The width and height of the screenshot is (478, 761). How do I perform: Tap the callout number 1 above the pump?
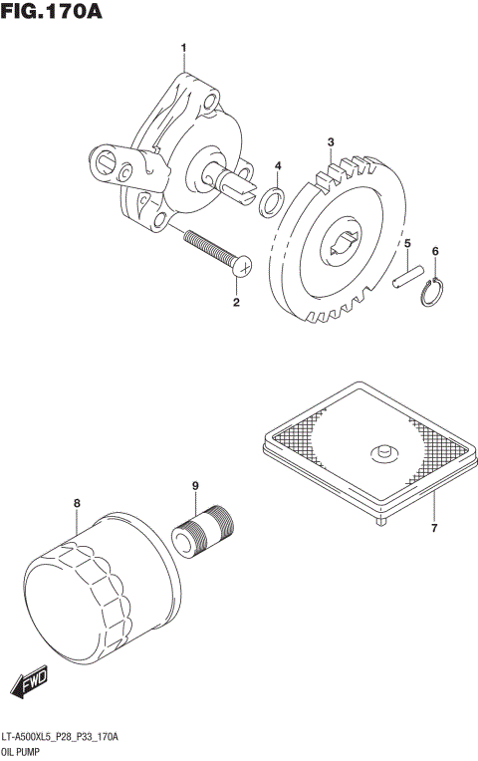183,48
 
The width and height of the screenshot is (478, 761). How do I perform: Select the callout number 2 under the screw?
236,301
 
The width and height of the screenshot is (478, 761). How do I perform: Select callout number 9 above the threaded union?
196,485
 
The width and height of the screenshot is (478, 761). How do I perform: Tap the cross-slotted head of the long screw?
243,264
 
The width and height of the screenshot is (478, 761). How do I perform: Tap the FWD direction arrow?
29,683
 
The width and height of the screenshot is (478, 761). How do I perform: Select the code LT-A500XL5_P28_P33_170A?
61,736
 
